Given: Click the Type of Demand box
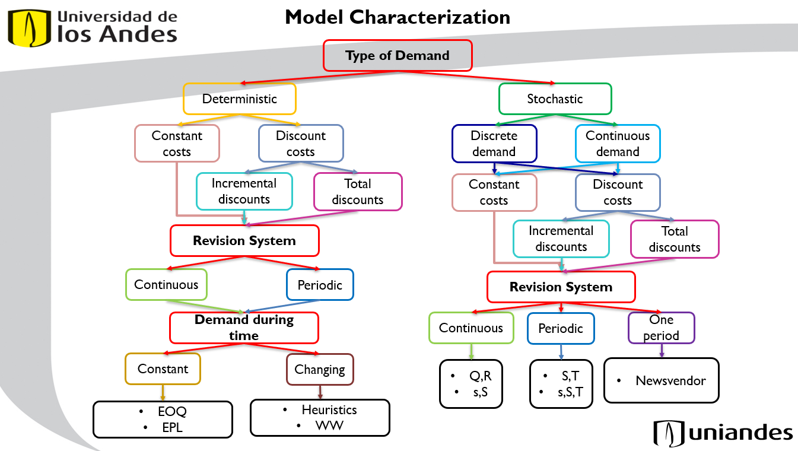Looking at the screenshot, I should point(397,56).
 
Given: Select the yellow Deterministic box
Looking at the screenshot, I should point(239,99).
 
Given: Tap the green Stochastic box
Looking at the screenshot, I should point(555,99).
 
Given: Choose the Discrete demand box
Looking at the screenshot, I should point(494,143).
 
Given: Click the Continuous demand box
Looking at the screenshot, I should point(617,143).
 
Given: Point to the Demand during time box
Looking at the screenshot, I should point(244,328).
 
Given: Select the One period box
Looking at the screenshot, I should point(661,328).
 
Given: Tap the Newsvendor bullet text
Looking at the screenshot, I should point(670,380).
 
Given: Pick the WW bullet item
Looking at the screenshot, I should point(329,425).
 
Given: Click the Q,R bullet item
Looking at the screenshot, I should point(480,376).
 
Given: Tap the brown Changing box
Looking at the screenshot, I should point(319,369).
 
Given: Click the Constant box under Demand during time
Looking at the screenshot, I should point(163,369).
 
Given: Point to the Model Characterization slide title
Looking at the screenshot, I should point(397,17).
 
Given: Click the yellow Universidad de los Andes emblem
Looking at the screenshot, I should point(27,27).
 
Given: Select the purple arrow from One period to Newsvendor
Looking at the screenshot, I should point(661,351).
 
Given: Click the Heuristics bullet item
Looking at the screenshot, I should point(329,409).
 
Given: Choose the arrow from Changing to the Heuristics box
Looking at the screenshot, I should point(320,392).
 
